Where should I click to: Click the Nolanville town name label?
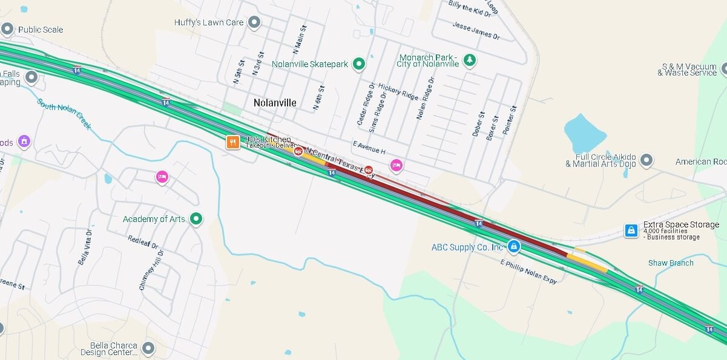(275, 103)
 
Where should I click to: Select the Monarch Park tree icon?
(469, 60)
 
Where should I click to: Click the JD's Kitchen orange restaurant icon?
(232, 143)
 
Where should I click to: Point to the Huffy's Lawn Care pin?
(254, 23)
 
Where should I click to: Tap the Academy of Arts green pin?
(196, 219)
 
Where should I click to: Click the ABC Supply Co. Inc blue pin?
(513, 246)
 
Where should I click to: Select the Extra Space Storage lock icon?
(631, 231)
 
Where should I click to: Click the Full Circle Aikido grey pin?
(646, 160)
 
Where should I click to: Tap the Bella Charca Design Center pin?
(148, 349)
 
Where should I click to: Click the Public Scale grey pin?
(7, 29)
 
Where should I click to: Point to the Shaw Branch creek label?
(671, 263)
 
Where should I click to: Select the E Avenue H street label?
(369, 147)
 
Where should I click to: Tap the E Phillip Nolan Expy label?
(528, 272)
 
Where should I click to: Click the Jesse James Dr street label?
(476, 30)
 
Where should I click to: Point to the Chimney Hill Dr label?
(151, 270)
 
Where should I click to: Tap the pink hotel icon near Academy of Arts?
(162, 177)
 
